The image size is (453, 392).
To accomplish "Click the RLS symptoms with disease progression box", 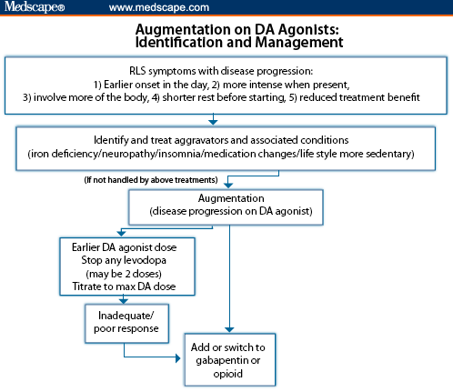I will coord(226,84).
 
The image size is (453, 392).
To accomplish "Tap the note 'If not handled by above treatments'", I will coord(150,180).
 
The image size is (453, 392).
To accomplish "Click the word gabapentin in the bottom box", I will coord(232,361).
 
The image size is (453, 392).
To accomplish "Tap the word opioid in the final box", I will coord(231,375).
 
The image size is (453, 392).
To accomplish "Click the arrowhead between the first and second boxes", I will coord(213,119).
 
